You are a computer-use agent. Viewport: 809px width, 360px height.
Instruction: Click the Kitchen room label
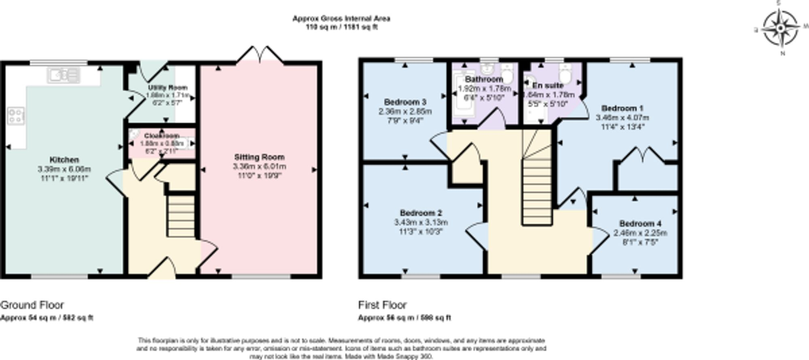coord(64,160)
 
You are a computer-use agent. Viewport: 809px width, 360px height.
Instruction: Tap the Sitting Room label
coord(259,157)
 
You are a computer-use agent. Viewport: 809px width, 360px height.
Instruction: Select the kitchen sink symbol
coord(64,75)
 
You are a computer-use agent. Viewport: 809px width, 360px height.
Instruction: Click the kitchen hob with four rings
coord(16,116)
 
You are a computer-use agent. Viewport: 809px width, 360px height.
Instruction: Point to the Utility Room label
coord(167,88)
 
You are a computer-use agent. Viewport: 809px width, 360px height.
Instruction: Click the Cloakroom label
coord(161,136)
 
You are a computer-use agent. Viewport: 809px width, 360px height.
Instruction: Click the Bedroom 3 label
coord(405,102)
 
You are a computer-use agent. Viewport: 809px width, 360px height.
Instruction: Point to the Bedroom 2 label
coord(421,213)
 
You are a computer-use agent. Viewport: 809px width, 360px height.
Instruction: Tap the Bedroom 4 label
coord(640,224)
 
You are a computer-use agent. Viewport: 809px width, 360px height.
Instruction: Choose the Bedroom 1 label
coord(622,108)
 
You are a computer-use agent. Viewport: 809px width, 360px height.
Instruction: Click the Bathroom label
coord(484,79)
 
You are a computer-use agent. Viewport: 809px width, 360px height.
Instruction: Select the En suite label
coord(548,86)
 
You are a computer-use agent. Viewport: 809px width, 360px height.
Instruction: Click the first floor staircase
coord(537,190)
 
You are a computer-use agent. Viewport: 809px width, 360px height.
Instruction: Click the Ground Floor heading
coord(32,305)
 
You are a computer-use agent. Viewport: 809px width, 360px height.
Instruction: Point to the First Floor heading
coord(382,305)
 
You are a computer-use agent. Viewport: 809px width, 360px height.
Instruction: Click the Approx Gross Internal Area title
coord(341,19)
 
